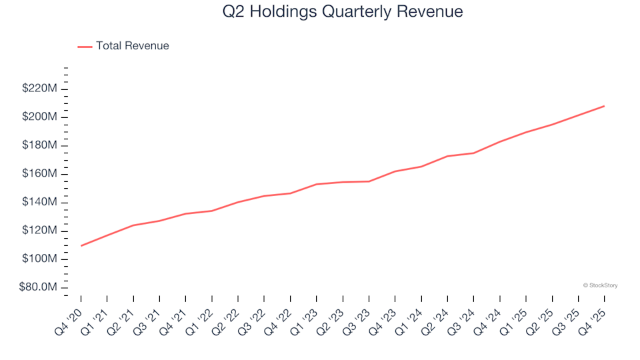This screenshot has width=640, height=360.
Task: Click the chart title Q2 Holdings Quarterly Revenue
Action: [x=343, y=12]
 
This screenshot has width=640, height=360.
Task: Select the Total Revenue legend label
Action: [x=132, y=46]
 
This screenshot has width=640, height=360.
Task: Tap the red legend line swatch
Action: [x=85, y=47]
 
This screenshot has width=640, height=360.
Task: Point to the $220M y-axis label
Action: [x=40, y=89]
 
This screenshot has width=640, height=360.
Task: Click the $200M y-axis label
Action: [x=40, y=117]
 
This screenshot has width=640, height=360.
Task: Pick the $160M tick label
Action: [x=40, y=174]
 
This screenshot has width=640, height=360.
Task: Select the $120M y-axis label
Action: [x=40, y=231]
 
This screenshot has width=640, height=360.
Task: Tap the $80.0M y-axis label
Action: [x=39, y=287]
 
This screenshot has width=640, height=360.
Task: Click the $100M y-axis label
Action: [x=40, y=259]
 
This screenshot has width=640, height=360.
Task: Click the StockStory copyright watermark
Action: [x=600, y=285]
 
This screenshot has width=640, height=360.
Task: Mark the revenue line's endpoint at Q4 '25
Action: [x=604, y=106]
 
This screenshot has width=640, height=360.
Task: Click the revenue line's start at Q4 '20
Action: [x=81, y=246]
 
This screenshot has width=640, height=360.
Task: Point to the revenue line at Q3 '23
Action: [x=369, y=181]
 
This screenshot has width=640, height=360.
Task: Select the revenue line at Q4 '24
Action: [x=499, y=141]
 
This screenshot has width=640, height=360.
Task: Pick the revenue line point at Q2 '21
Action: [x=133, y=225]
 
